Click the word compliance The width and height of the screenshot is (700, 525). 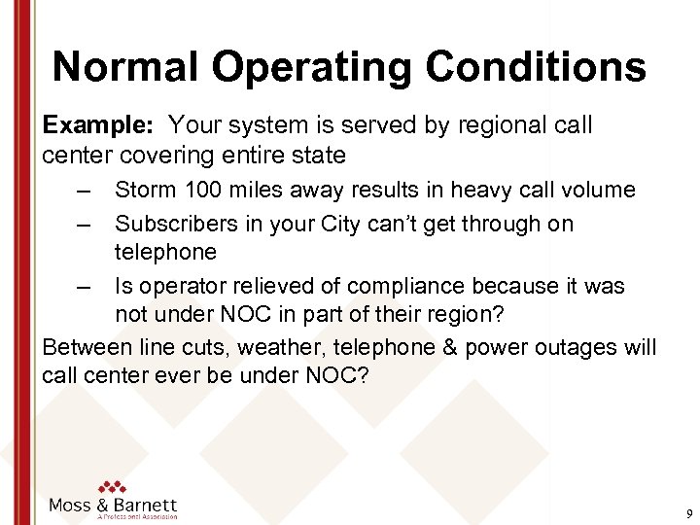click(410, 287)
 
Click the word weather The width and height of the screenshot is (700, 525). click(268, 347)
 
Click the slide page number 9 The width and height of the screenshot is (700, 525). click(688, 512)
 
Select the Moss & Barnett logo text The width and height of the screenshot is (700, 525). click(113, 506)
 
